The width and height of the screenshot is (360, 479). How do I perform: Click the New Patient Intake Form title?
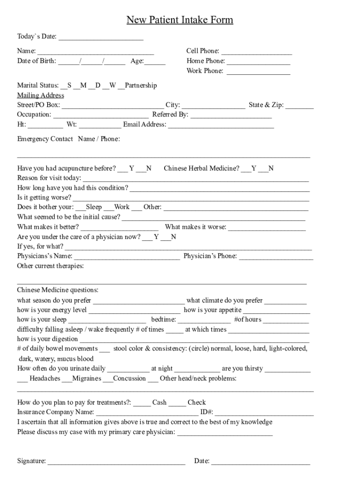pyautogui.click(x=180, y=20)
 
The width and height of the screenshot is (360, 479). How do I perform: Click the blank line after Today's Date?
pyautogui.click(x=101, y=37)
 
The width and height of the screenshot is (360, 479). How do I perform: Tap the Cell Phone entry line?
pyautogui.click(x=257, y=52)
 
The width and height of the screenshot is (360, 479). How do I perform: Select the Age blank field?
pyautogui.click(x=155, y=62)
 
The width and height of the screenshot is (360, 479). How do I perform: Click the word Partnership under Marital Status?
pyautogui.click(x=141, y=86)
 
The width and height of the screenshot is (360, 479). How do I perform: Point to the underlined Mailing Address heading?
pyautogui.click(x=41, y=95)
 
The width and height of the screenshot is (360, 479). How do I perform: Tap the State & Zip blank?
pyautogui.click(x=300, y=106)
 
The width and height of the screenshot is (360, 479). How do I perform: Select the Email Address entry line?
pyautogui.click(x=221, y=125)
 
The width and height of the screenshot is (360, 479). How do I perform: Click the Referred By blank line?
pyautogui.click(x=231, y=116)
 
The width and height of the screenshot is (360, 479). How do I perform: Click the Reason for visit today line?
pyautogui.click(x=195, y=179)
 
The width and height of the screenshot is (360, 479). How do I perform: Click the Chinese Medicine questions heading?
pyautogui.click(x=58, y=290)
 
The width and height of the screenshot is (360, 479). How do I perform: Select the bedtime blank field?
pyautogui.click(x=204, y=321)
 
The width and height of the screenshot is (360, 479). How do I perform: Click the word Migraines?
pyautogui.click(x=86, y=378)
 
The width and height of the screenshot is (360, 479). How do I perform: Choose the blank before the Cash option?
pyautogui.click(x=144, y=403)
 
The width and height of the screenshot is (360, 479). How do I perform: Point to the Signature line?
pyautogui.click(x=116, y=462)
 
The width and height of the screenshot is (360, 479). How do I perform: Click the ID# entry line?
pyautogui.click(x=264, y=413)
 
